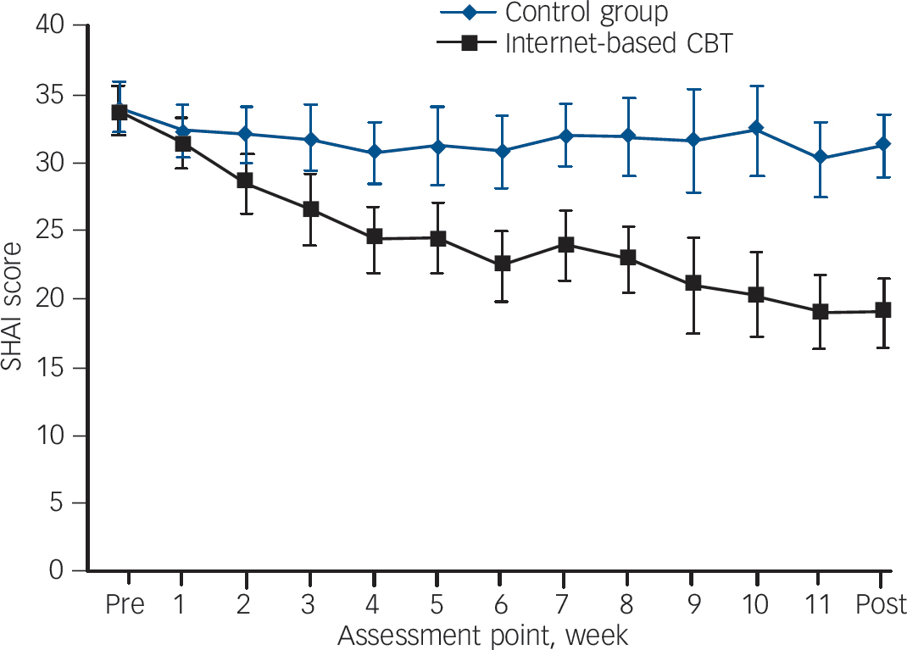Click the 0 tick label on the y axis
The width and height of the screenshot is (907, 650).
[x=56, y=571]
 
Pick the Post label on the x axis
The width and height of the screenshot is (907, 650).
[x=879, y=605]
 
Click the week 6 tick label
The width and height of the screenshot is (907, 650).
[x=501, y=605]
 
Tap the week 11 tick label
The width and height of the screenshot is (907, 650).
[x=818, y=605]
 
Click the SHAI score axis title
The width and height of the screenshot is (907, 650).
[x=14, y=298]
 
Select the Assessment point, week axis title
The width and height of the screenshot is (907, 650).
[x=484, y=634]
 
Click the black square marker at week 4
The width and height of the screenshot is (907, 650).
[x=374, y=237]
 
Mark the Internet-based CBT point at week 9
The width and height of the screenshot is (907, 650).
[x=693, y=284]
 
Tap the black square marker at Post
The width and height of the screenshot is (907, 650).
[x=883, y=310]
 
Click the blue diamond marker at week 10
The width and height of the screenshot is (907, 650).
[x=756, y=129]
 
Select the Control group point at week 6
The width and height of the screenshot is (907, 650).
[x=502, y=151]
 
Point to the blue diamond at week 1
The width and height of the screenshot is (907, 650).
[x=182, y=130]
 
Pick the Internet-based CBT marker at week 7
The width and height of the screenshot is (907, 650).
[x=565, y=245]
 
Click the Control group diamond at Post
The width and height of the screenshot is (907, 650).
[x=883, y=144]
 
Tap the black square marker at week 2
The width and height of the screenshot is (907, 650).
[x=245, y=180]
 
